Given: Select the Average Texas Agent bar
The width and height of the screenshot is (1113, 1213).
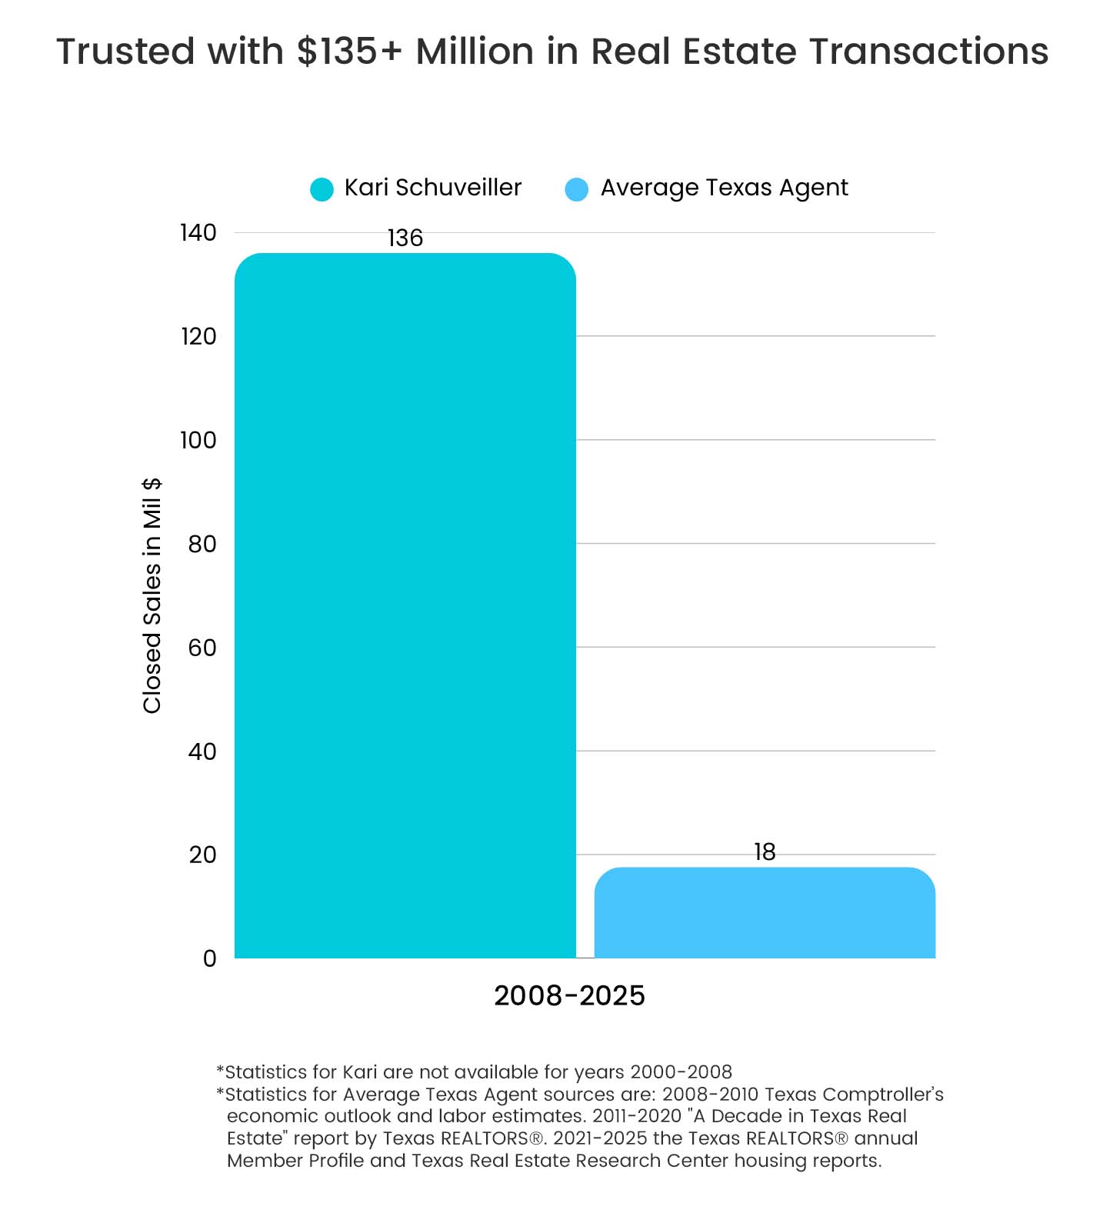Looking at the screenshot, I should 765,913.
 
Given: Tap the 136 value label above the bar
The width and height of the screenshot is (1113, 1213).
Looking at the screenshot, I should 405,238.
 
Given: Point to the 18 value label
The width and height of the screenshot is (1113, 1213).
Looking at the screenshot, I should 765,852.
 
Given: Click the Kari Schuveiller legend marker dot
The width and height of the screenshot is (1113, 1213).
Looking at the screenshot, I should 322,189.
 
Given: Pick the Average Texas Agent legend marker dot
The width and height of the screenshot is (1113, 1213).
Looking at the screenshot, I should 577,189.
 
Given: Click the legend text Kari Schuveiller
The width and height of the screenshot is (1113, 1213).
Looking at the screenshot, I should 433,188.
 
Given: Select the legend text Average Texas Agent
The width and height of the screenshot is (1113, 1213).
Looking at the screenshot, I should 724,188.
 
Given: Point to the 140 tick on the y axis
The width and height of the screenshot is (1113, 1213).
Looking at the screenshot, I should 198,232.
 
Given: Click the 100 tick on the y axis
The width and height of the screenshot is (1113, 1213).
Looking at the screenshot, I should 198,440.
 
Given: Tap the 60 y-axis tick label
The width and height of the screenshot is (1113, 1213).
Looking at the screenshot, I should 202,648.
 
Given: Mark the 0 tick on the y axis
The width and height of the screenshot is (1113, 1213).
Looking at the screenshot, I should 209,958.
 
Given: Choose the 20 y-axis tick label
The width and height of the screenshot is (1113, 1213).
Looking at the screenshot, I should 202,855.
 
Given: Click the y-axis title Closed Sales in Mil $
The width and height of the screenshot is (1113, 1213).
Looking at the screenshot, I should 152,595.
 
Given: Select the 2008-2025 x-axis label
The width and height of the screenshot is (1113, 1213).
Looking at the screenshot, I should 569,996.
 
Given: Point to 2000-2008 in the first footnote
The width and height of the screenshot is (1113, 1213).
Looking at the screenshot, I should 681,1072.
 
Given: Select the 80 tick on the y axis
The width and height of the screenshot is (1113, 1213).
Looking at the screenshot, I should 202,544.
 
